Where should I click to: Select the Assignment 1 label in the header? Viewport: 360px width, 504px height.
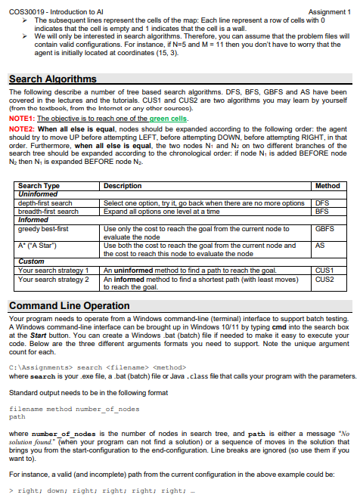tap(330, 12)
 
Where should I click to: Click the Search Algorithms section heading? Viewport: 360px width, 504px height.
tap(52, 79)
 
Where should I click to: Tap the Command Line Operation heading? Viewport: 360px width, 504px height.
tap(69, 305)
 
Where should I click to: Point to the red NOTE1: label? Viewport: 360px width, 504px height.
tap(22, 118)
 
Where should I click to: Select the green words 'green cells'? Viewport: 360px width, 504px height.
tap(169, 118)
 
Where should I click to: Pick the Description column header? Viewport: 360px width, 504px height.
tap(123, 186)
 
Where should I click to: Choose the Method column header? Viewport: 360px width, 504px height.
tap(327, 186)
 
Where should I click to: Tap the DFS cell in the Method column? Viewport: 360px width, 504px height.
tap(322, 203)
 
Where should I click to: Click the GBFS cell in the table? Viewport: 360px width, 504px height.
tap(324, 227)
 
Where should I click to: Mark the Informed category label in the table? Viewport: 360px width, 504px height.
tap(33, 219)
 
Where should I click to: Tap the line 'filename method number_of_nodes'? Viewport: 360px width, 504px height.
tap(74, 408)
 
